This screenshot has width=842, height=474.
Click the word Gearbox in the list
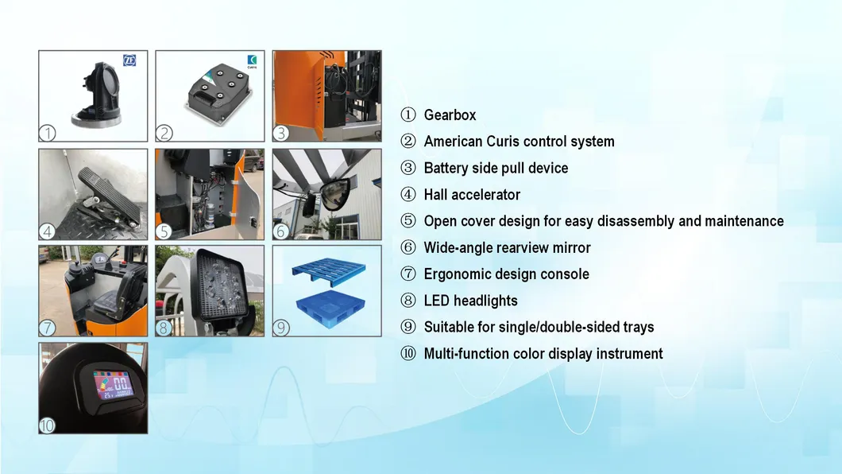click(450, 115)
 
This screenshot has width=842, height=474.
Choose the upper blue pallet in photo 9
click(325, 270)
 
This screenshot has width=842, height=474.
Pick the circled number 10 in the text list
click(408, 354)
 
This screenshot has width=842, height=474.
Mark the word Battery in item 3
click(446, 168)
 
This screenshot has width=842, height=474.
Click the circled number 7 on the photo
click(48, 328)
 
